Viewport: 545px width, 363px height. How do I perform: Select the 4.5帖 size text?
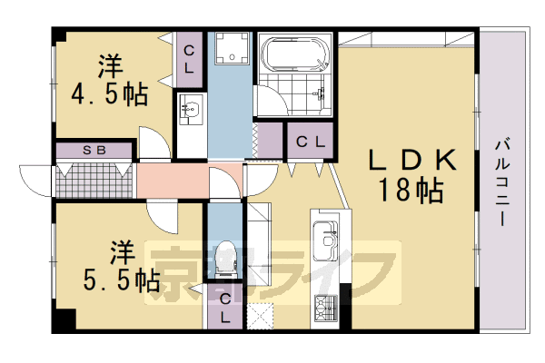point(109,94)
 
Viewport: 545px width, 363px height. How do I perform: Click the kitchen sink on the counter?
point(324,242)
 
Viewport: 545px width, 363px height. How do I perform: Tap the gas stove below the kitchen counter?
point(324,308)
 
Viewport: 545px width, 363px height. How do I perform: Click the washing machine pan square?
point(231,54)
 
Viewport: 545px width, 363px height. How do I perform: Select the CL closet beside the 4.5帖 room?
point(190,59)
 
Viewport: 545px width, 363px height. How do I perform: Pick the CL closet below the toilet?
point(223,307)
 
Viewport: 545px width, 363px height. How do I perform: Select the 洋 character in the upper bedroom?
point(110,66)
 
